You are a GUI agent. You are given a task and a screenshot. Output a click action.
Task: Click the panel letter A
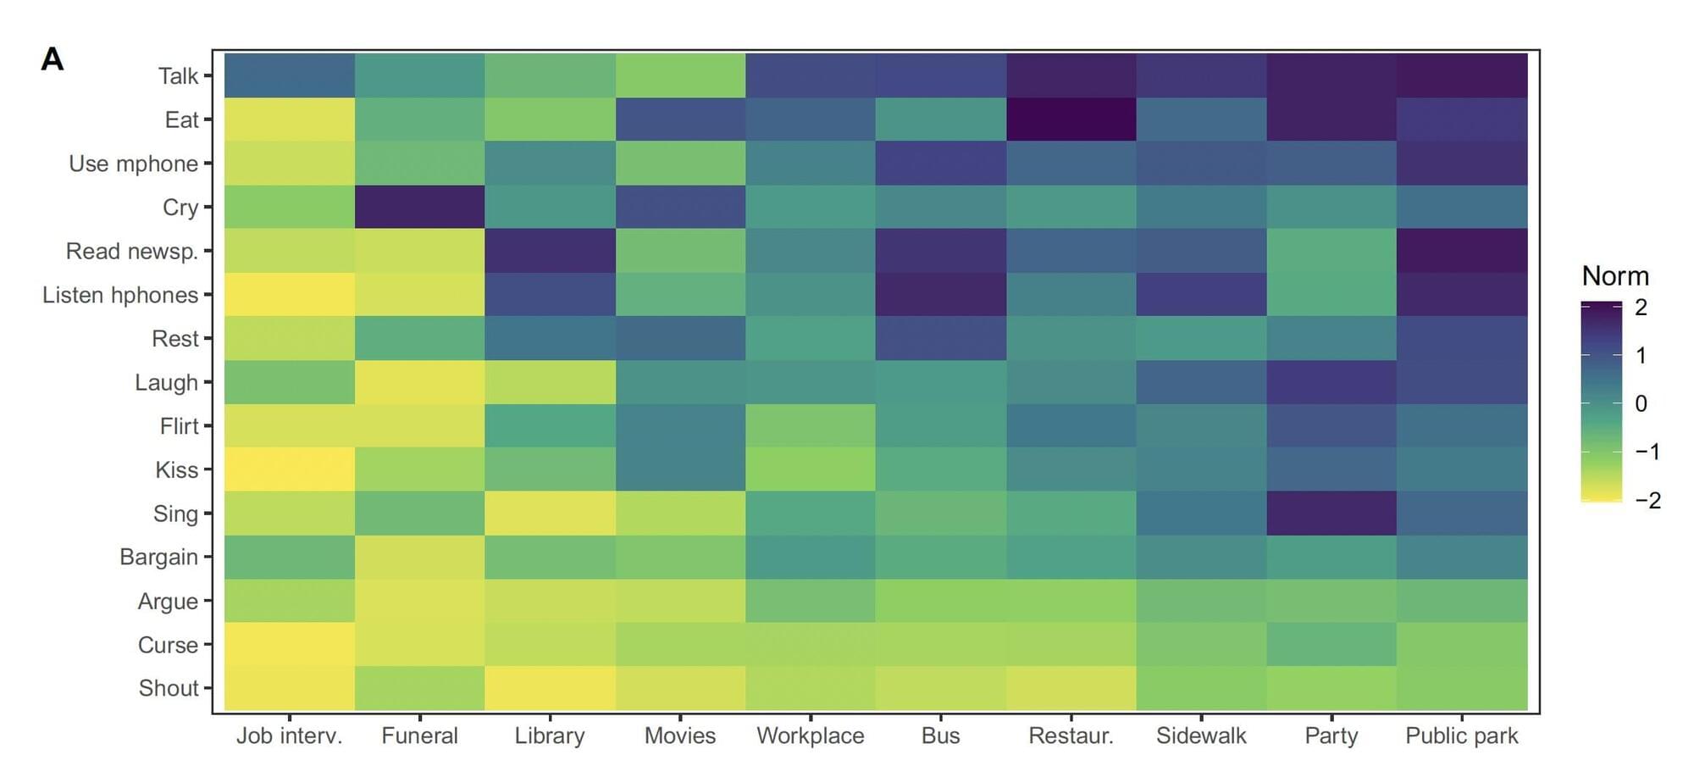click(x=53, y=59)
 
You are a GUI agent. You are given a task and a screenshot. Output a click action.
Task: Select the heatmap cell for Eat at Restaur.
click(x=1071, y=119)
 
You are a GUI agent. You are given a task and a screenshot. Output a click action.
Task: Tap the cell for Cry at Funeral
click(x=419, y=207)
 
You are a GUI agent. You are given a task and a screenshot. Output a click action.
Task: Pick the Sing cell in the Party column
click(x=1331, y=513)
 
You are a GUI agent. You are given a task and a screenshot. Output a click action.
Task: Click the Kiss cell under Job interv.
click(x=289, y=469)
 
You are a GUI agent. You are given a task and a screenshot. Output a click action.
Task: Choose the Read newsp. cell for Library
click(x=550, y=251)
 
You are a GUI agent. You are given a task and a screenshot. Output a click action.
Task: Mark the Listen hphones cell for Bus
click(x=940, y=295)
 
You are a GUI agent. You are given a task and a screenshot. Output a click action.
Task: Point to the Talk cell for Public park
click(x=1462, y=75)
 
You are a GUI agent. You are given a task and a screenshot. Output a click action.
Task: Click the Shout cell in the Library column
click(x=550, y=688)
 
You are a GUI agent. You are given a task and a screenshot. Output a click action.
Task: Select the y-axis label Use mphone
click(x=133, y=164)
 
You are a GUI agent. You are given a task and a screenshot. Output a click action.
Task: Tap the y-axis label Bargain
click(x=158, y=557)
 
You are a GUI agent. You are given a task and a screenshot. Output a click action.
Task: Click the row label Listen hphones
click(x=120, y=295)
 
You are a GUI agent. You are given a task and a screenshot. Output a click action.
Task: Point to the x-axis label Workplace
click(x=810, y=735)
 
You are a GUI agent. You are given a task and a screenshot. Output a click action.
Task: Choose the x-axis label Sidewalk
click(x=1201, y=735)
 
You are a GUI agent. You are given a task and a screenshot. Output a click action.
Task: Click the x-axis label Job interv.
click(x=289, y=735)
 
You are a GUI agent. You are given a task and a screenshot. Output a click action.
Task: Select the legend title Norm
click(x=1614, y=276)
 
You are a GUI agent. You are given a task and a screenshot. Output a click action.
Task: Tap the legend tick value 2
click(x=1641, y=308)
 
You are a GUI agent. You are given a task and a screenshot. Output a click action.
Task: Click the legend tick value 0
click(x=1641, y=403)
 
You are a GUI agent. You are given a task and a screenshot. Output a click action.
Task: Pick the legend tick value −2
click(x=1647, y=500)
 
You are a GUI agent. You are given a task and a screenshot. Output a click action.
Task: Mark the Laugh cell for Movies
click(x=680, y=382)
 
